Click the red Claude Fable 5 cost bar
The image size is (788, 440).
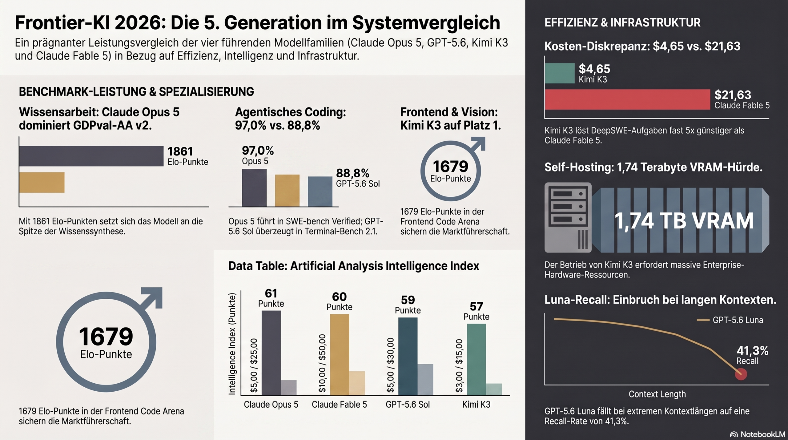coord(627,99)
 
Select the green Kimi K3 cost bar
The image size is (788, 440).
coord(560,73)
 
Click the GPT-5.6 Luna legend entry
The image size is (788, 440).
coord(730,320)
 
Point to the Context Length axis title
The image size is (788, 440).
coord(657,394)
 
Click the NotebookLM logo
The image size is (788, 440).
coord(758,434)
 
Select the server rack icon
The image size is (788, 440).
coord(568,217)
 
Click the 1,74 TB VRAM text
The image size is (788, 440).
coord(684,221)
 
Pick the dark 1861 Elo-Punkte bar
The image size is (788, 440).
coord(91,156)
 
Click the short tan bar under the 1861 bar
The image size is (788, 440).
coord(42,182)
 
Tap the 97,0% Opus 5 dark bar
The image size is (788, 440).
coord(254,188)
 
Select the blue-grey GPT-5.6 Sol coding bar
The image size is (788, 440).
coord(320,192)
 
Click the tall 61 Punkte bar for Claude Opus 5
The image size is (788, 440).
coord(271,353)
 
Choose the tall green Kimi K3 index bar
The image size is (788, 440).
coord(476,360)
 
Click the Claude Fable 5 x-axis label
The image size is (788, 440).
coord(339,405)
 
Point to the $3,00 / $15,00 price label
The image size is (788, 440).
coord(459,366)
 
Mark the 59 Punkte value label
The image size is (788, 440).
coord(408,305)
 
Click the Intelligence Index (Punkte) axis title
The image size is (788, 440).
coord(232,344)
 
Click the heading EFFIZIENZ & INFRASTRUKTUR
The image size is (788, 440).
coord(622,22)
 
